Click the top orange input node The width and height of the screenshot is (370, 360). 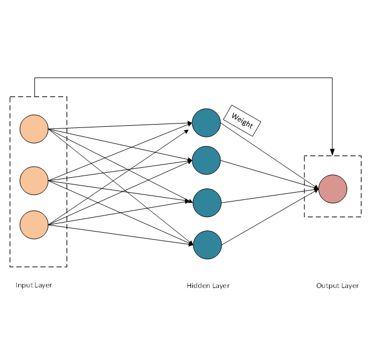[34, 128]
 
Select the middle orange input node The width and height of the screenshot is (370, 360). [34, 180]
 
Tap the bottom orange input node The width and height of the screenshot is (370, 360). [34, 224]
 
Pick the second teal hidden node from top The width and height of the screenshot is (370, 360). [207, 160]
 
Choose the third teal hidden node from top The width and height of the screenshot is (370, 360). [207, 202]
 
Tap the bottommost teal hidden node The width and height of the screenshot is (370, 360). [207, 244]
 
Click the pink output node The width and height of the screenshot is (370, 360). [333, 189]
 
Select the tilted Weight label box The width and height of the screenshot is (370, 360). [242, 120]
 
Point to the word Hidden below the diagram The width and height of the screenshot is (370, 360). [198, 286]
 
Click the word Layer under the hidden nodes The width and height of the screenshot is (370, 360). [221, 286]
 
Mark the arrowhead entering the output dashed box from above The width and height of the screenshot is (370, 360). [332, 152]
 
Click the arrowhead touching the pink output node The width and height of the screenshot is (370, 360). [316, 189]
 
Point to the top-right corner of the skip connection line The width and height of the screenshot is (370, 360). [332, 78]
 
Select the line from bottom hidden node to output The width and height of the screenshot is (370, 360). [269, 217]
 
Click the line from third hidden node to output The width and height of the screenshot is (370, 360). [269, 196]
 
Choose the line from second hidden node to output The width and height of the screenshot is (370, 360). [269, 174]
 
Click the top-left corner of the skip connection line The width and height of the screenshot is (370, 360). [35, 78]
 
